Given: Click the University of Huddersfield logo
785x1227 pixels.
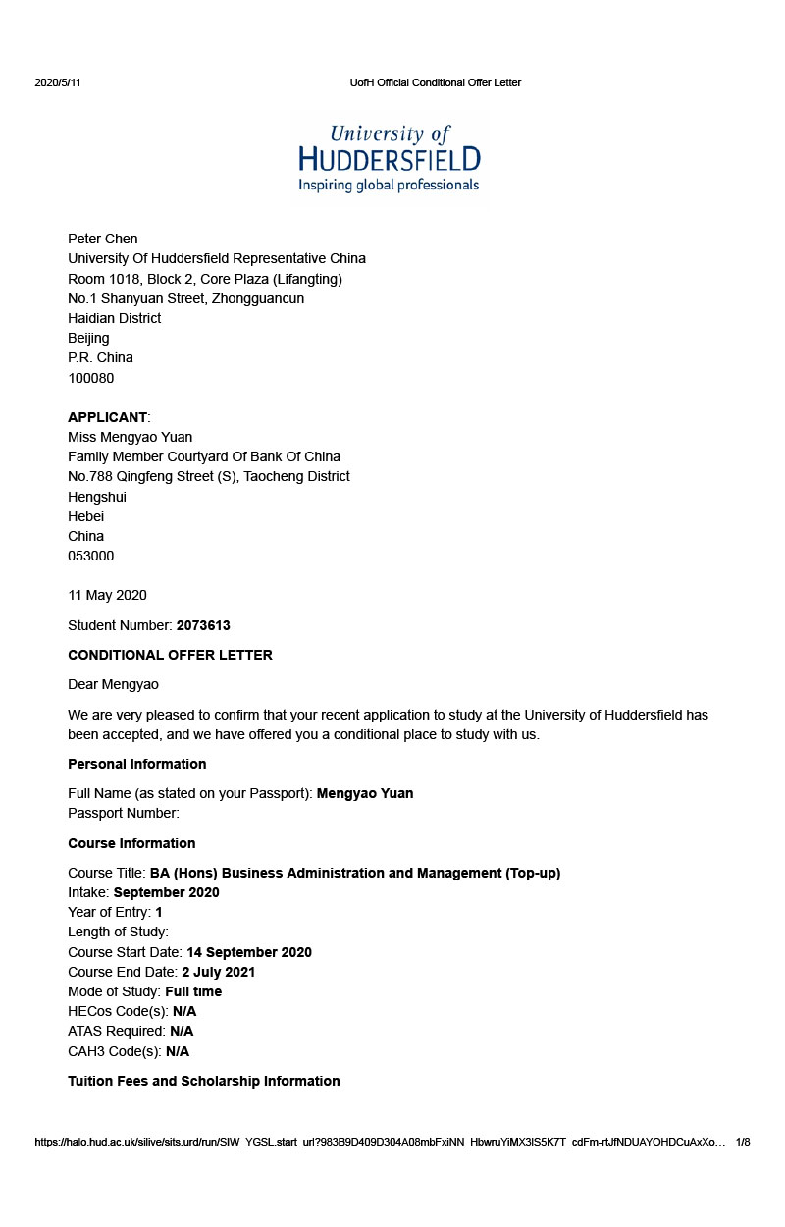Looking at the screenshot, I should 390,157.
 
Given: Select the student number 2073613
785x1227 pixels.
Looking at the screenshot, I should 203,625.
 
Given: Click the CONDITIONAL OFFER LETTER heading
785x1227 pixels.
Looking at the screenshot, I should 170,655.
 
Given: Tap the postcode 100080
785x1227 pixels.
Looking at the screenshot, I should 90,378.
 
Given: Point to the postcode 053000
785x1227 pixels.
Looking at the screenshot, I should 90,556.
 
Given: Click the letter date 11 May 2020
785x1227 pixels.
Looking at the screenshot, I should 107,595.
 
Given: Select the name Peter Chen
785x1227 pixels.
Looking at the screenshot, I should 102,239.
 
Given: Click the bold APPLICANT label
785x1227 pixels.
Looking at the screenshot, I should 107,417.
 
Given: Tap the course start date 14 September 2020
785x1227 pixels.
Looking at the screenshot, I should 249,952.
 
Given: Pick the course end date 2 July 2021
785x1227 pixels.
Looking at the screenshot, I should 218,972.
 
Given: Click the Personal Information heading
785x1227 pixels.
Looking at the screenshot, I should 136,764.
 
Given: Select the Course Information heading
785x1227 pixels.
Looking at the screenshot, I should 131,843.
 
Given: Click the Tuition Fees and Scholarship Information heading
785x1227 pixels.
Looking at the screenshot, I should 203,1081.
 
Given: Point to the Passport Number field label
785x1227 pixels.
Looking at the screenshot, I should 124,813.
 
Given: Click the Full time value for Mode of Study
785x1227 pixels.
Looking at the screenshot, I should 193,991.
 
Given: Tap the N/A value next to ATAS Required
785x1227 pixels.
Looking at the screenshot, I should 182,1031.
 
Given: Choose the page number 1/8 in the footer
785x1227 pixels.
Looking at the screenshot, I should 743,1142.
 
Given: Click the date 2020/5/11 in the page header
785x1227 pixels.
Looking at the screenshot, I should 58,82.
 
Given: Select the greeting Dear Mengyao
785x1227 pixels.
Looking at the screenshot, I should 113,684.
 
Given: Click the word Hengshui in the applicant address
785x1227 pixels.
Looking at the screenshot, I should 97,497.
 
